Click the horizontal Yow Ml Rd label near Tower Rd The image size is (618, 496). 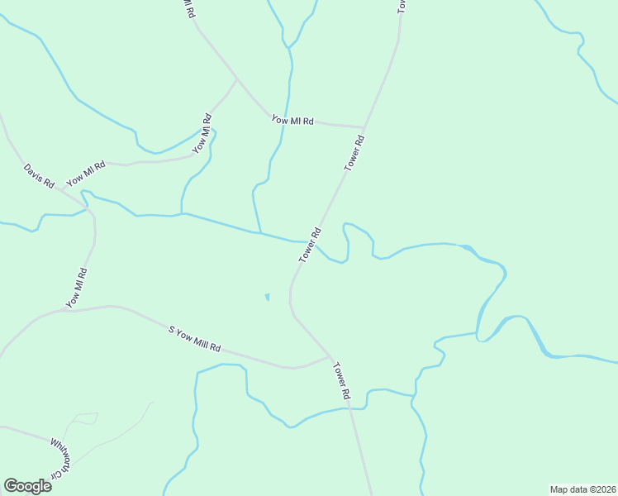tap(293, 121)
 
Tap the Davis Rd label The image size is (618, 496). tap(39, 176)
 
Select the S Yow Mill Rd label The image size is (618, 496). tap(195, 340)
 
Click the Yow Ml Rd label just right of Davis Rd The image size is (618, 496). tap(86, 174)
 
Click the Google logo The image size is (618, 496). tap(27, 486)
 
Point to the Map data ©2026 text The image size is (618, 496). tap(582, 489)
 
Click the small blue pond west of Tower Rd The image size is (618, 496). tap(267, 297)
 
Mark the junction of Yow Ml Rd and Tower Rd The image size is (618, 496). tap(364, 128)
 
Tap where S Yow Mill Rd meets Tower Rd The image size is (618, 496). tap(330, 358)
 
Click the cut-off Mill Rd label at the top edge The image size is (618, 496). tap(189, 9)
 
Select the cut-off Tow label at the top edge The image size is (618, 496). tap(402, 5)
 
